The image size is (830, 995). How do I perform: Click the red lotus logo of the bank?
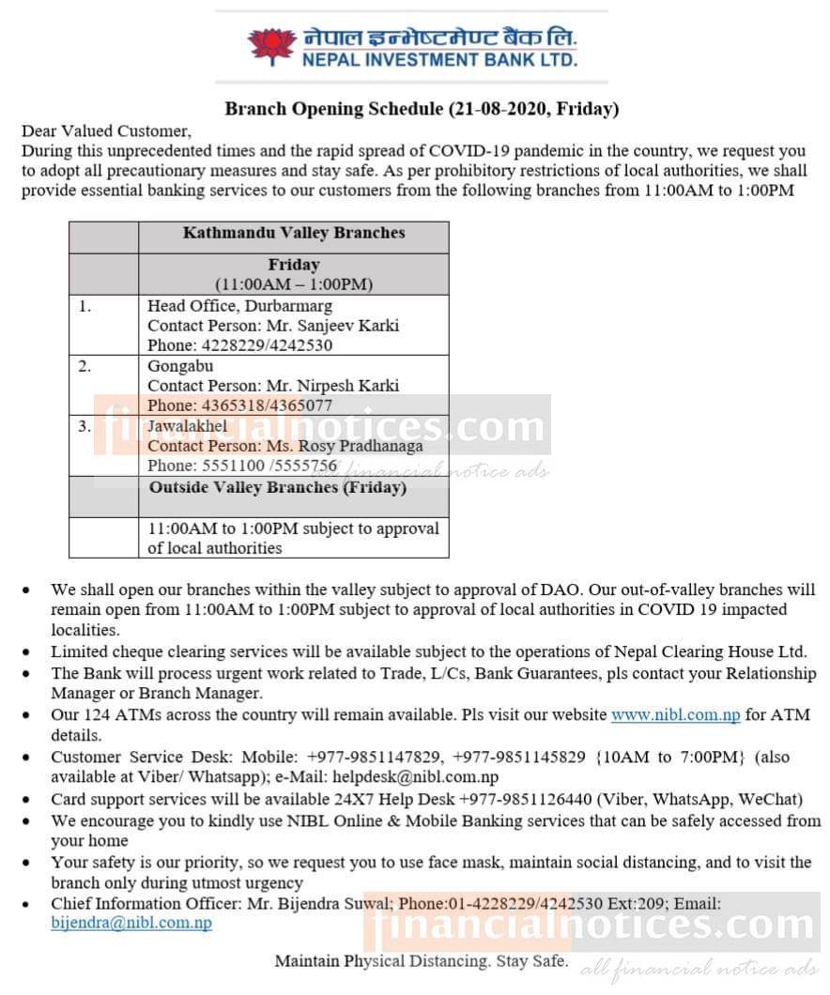point(271,46)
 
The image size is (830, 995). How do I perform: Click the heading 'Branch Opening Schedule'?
point(422,109)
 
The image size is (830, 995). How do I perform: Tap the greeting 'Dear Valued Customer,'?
point(106,131)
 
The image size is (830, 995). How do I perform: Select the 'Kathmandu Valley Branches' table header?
point(293,232)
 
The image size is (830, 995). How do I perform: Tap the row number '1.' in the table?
point(85,306)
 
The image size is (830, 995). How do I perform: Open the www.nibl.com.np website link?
point(675,715)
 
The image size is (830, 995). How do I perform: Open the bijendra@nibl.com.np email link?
point(131,923)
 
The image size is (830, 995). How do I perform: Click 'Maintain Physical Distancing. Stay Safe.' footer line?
point(421,961)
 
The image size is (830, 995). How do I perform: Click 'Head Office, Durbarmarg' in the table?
point(239,306)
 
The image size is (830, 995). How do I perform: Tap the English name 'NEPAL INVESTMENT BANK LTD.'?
point(439,61)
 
